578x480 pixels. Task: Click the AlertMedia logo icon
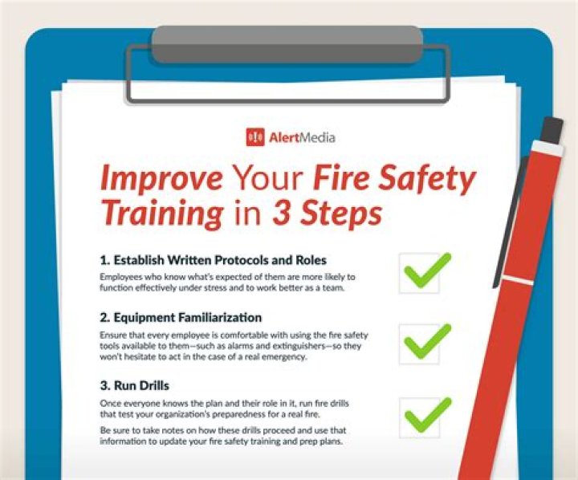[255, 137]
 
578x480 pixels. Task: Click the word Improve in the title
[158, 178]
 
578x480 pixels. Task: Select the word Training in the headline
[161, 213]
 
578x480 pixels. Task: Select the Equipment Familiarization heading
[181, 317]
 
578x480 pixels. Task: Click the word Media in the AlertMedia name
[317, 137]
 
